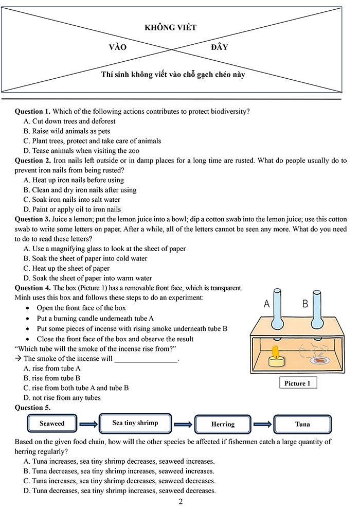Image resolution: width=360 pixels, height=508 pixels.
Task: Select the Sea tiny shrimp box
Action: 135,423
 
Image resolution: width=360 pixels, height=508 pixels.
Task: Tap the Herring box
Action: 223,424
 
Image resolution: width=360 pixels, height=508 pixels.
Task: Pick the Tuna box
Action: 302,424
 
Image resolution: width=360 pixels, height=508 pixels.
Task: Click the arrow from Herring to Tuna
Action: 262,424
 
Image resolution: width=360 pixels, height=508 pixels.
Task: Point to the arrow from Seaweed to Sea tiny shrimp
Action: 88,424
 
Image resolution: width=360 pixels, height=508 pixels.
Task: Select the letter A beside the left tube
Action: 266,304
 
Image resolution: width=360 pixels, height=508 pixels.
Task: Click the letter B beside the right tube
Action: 305,304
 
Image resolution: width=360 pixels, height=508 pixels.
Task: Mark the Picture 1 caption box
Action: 298,384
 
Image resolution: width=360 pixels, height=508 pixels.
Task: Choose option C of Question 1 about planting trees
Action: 93,141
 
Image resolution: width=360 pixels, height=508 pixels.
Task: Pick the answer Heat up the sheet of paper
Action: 66,268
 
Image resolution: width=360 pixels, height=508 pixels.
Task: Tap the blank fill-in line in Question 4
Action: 146,359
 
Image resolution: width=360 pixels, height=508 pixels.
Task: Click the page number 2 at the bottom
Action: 180,501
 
